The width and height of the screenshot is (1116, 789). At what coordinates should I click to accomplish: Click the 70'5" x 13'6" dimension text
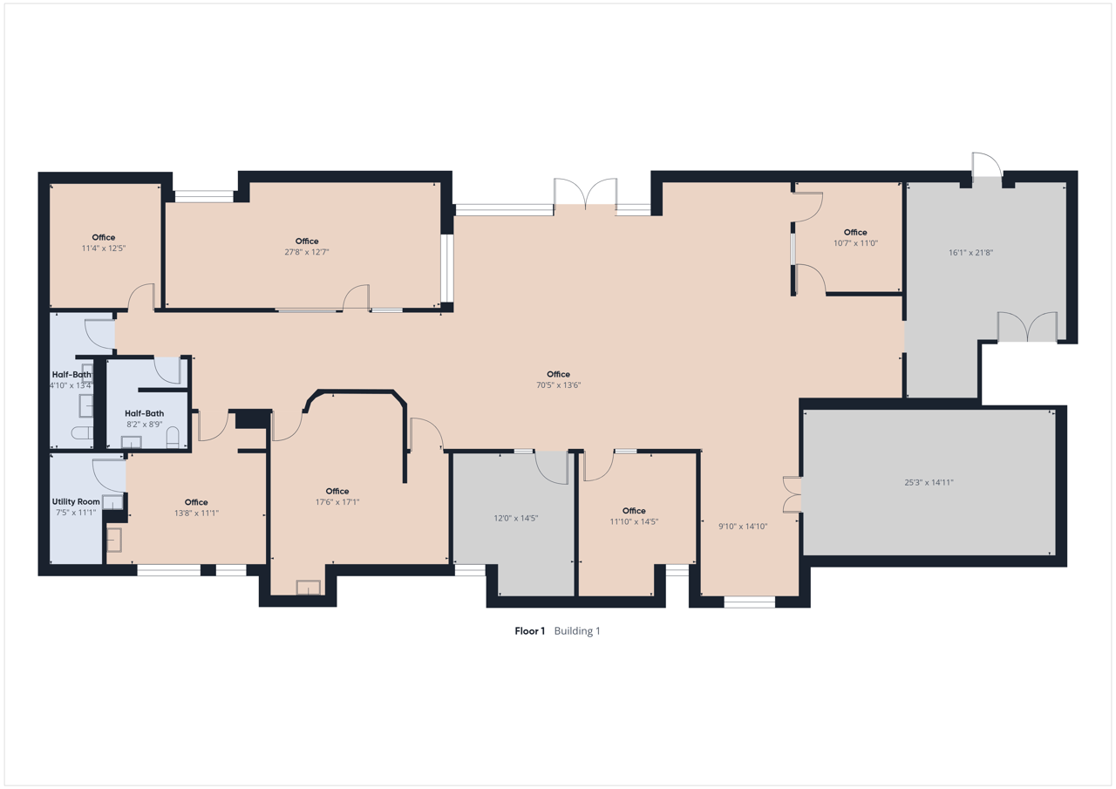[x=558, y=385]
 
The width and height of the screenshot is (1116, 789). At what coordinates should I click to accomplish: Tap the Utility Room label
[x=76, y=501]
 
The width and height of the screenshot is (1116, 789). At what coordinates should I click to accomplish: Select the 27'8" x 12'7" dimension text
[x=306, y=252]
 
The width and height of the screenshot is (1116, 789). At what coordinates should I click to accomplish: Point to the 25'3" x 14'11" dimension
[x=929, y=482]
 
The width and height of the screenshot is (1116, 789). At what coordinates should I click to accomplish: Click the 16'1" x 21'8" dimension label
[x=970, y=253]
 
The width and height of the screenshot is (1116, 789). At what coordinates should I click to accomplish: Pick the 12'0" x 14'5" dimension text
[x=515, y=518]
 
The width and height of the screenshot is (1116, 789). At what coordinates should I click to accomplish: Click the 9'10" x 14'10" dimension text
[x=742, y=526]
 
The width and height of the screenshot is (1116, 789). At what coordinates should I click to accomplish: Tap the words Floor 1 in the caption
[x=529, y=631]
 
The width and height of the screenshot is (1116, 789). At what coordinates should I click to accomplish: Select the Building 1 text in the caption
[x=577, y=631]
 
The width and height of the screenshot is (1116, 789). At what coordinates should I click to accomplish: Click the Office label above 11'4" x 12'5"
[x=103, y=238]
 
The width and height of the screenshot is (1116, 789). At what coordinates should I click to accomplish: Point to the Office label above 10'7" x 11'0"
[x=855, y=232]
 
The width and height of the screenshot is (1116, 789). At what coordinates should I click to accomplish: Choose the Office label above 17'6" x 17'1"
[x=337, y=491]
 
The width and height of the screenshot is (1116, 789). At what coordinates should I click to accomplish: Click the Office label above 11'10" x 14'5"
[x=634, y=511]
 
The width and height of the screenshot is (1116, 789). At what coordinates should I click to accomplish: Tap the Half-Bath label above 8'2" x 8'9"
[x=144, y=413]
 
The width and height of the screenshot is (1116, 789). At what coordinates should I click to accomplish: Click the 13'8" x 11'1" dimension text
[x=196, y=513]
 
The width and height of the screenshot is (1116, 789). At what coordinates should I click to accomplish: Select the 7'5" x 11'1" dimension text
[x=76, y=513]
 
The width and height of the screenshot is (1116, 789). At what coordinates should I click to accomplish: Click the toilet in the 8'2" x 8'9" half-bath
[x=173, y=437]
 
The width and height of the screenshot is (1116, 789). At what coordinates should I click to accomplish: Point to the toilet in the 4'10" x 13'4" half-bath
[x=81, y=432]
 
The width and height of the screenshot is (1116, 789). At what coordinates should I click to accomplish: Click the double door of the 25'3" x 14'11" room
[x=793, y=494]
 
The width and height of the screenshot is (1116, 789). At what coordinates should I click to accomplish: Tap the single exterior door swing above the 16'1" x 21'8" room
[x=986, y=165]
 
